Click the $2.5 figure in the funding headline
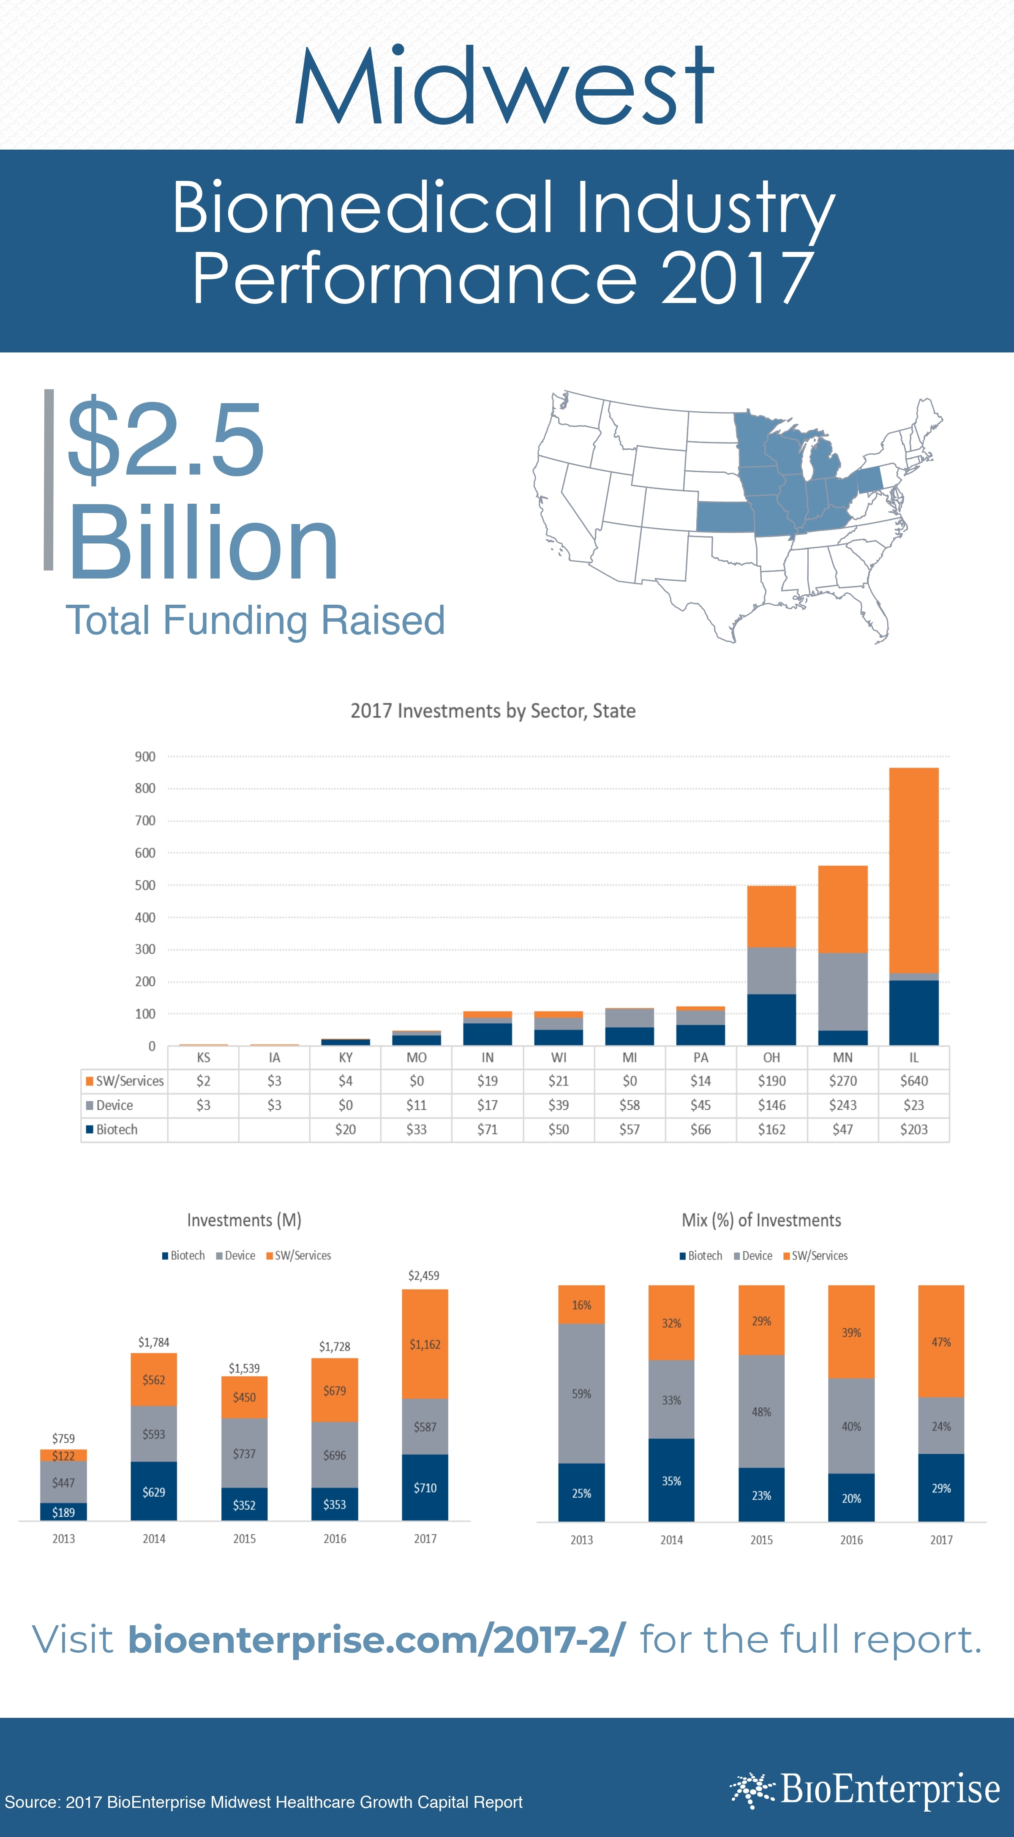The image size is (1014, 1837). pos(166,440)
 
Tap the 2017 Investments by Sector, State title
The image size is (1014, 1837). pos(493,711)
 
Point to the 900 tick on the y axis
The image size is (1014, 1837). pos(145,756)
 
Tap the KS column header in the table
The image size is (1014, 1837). pos(203,1058)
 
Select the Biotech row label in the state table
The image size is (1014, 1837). pos(116,1130)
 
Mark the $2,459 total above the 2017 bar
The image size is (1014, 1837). pos(424,1276)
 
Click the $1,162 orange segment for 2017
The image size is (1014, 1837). pos(425,1344)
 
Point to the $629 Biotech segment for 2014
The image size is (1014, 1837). pos(154,1492)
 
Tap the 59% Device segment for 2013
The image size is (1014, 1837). pos(581,1393)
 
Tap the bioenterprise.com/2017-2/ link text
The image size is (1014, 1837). pos(376,1640)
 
